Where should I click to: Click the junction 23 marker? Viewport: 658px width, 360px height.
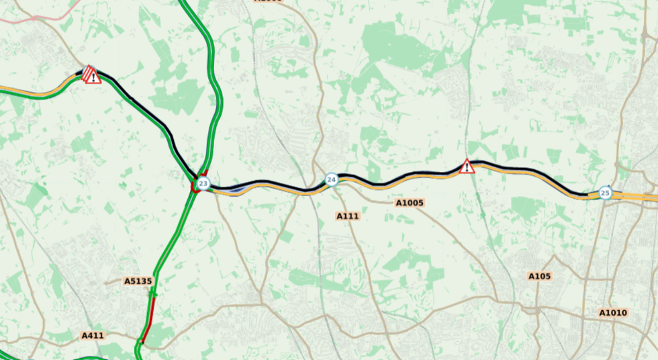pos(203,183)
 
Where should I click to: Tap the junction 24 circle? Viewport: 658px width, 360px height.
pos(331,179)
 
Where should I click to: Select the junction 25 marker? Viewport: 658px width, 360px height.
pos(605,193)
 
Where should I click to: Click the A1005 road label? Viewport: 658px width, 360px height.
pos(410,202)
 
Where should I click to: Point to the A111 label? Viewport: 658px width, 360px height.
pos(348,216)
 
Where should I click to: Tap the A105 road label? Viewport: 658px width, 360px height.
pos(539,276)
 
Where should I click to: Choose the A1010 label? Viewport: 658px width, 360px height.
pos(612,312)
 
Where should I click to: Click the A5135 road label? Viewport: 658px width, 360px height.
pos(138,281)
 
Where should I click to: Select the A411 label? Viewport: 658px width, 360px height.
pos(93,335)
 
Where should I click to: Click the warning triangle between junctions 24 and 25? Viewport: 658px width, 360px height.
pos(467,167)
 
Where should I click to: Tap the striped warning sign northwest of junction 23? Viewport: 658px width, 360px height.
pos(91,75)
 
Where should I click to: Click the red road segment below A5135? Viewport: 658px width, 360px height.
pos(148,320)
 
